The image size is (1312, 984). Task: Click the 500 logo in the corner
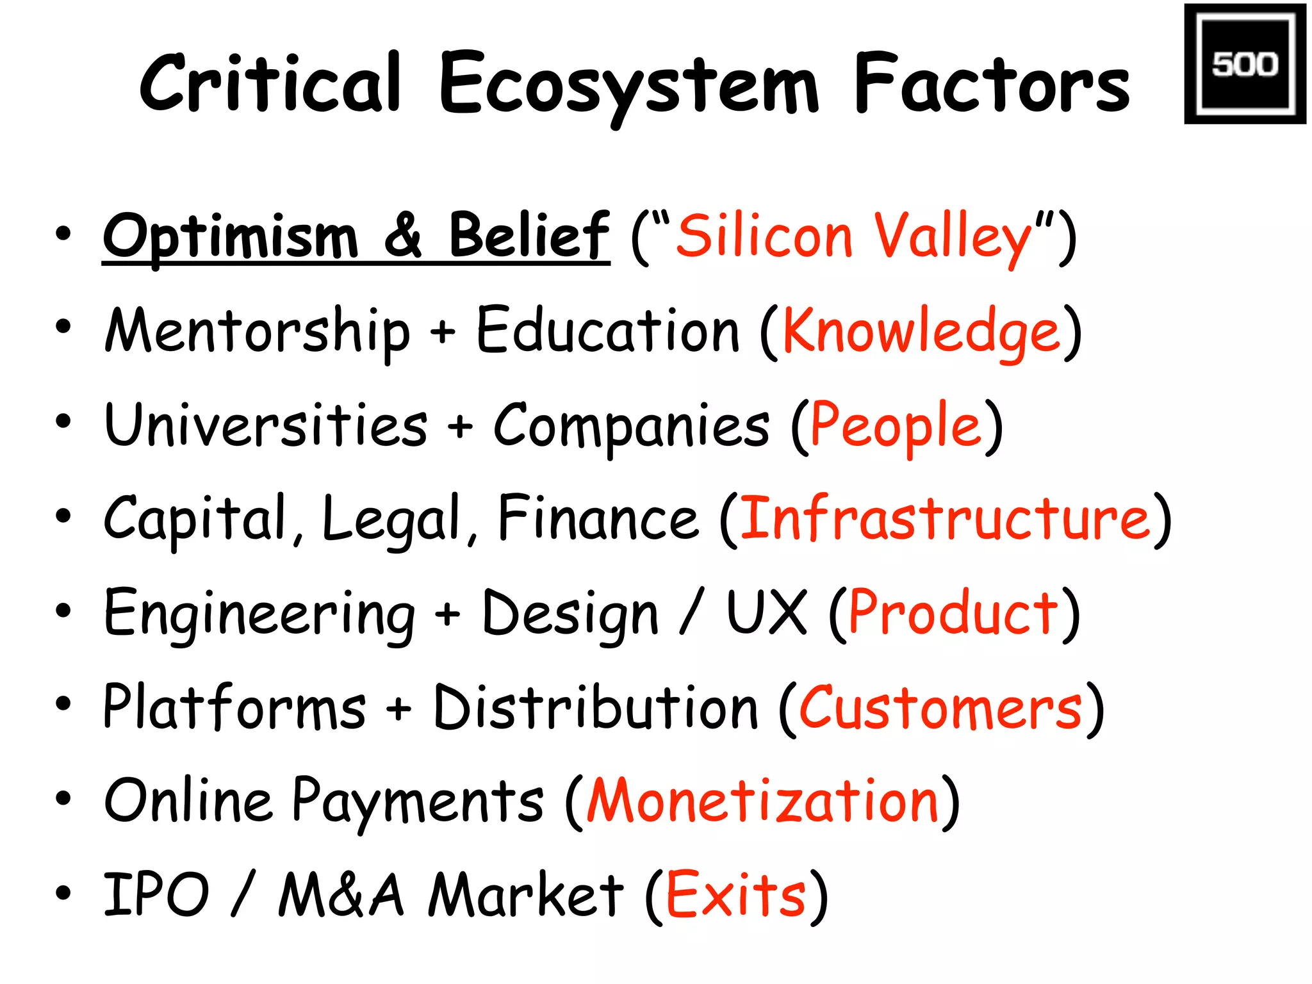(x=1244, y=64)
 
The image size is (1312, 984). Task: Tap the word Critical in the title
(x=270, y=83)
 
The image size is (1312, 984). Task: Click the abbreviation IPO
(x=156, y=894)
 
